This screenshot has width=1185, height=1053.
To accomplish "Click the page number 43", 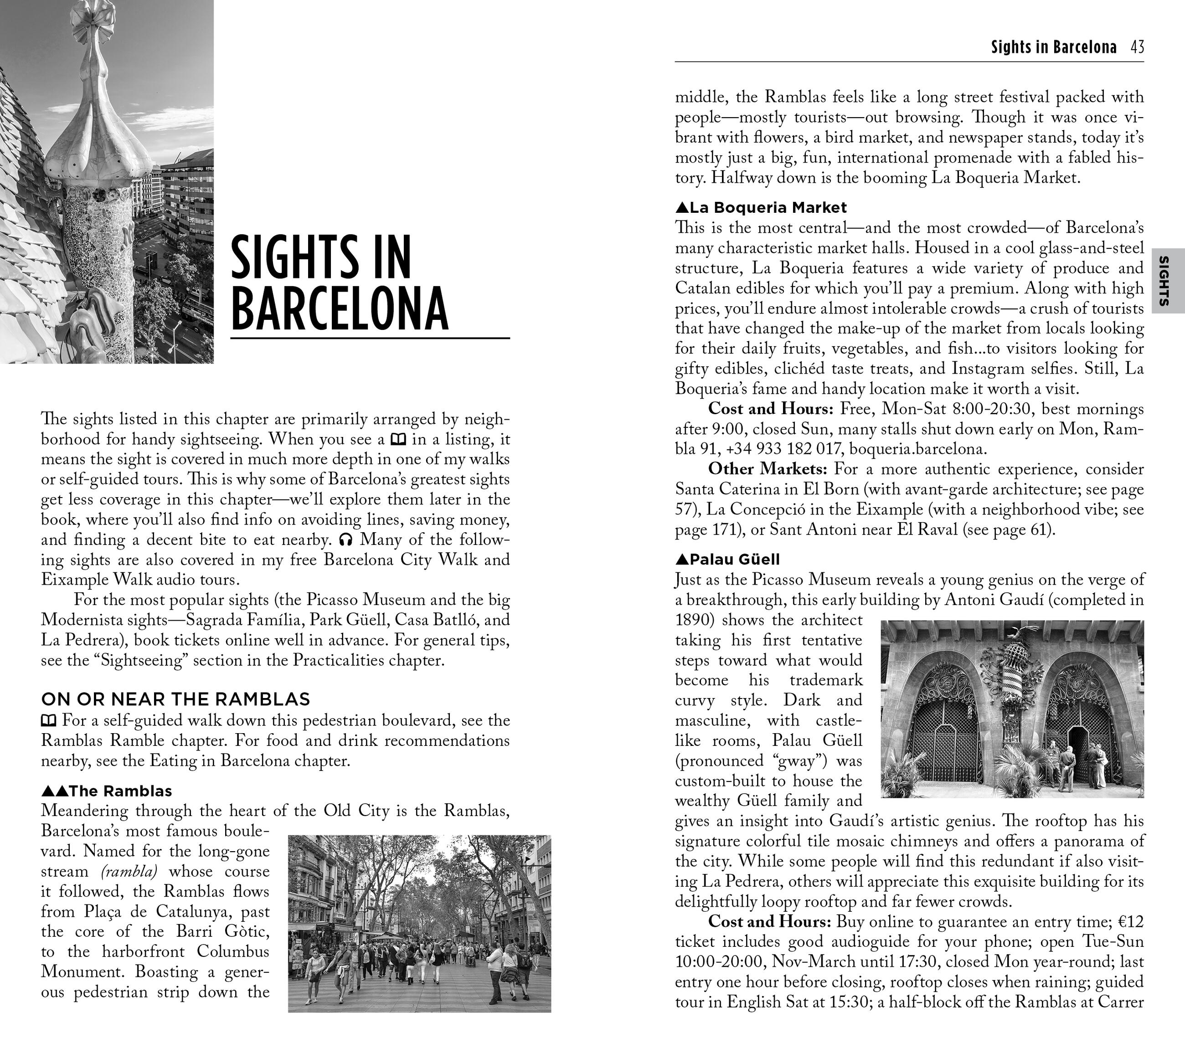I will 1137,47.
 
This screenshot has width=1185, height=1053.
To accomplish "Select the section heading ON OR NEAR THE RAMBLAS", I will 175,699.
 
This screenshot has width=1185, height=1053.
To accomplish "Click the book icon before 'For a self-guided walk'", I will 49,721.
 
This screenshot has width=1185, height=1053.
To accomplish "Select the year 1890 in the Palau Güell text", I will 693,620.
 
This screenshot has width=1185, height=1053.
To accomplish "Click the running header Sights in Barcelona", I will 1053,47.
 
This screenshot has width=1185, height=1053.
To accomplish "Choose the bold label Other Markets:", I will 770,469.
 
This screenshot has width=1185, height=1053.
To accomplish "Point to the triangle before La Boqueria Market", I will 682,207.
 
